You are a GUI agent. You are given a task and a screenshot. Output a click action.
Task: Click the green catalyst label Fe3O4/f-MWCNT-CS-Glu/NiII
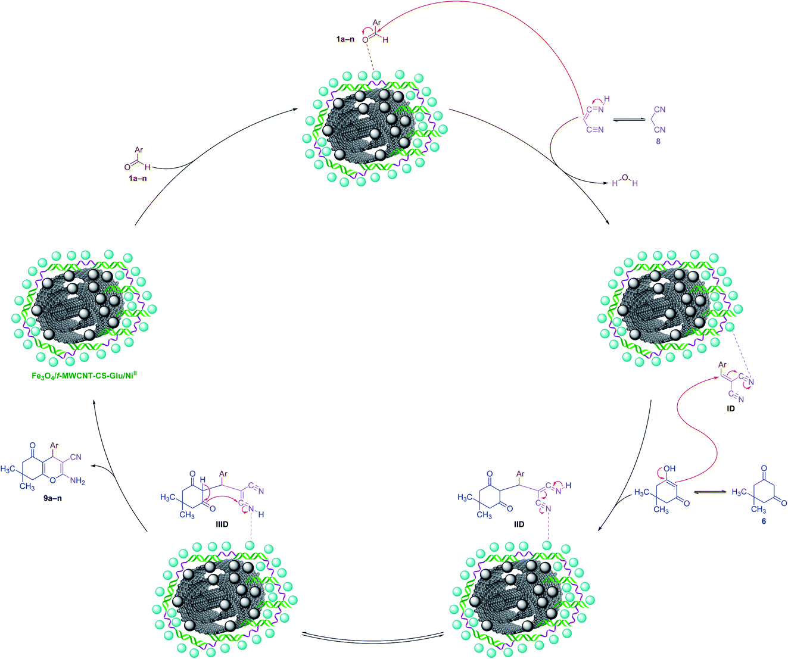84,376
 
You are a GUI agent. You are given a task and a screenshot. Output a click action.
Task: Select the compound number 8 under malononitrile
658,142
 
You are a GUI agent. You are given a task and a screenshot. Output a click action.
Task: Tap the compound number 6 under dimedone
764,521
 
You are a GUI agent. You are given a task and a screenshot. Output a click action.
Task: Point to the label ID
731,408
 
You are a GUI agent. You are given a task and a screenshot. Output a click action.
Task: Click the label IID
519,524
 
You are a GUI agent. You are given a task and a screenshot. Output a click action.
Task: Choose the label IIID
222,524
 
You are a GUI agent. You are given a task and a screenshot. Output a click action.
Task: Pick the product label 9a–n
52,498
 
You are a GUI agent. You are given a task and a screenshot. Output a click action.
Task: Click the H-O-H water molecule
625,181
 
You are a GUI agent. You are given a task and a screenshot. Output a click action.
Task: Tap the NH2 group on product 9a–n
77,482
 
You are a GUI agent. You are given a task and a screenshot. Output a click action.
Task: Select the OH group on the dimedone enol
669,469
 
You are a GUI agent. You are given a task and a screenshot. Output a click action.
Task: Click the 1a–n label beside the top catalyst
345,39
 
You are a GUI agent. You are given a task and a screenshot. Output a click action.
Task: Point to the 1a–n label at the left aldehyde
138,178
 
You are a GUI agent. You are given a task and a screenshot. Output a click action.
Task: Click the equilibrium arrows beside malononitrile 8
629,120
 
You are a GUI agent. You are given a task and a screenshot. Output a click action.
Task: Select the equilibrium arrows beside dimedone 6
710,492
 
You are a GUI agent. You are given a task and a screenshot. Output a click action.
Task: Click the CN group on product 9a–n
76,457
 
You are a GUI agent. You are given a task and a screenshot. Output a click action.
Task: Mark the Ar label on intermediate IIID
223,473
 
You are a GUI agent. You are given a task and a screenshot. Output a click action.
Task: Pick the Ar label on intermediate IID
521,473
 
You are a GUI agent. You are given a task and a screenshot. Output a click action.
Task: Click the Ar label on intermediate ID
722,364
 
